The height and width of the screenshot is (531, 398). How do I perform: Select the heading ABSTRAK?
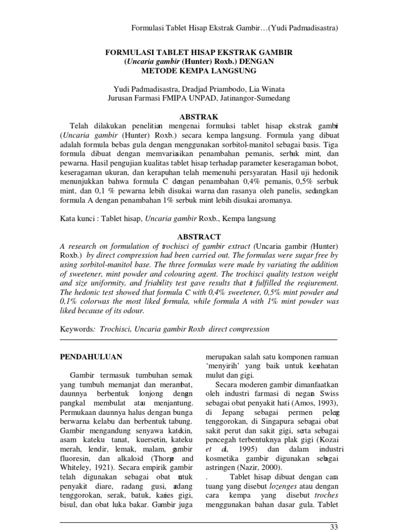[x=199, y=116]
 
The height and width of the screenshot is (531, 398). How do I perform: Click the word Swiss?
[x=327, y=394]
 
